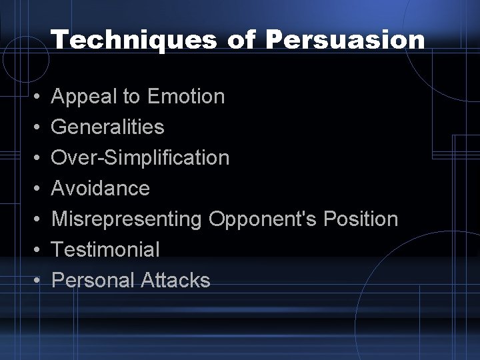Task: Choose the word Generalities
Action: click(107, 127)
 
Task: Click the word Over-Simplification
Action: click(140, 158)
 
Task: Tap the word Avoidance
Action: click(101, 189)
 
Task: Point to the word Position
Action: click(361, 219)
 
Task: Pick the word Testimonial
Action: click(105, 250)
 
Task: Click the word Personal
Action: click(93, 281)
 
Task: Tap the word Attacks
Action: click(175, 281)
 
